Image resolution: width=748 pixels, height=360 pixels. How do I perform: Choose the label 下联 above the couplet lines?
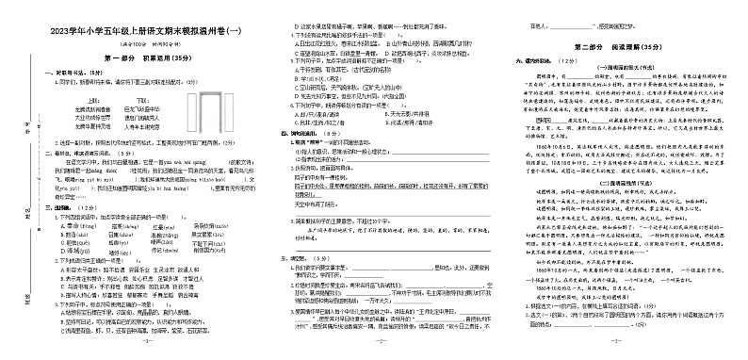click(143, 99)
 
